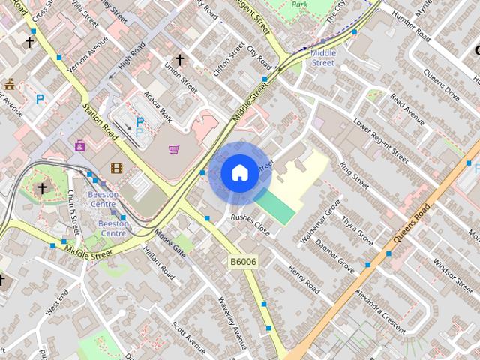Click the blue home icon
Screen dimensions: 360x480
(x=238, y=173)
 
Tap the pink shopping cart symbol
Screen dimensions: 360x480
(x=174, y=149)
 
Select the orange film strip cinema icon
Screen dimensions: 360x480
(x=116, y=169)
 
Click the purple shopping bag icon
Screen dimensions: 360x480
(x=80, y=145)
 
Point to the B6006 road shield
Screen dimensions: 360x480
(x=243, y=261)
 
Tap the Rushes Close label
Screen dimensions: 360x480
(x=250, y=224)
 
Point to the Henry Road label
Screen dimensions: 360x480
(x=304, y=280)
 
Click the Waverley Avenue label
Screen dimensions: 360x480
(x=232, y=322)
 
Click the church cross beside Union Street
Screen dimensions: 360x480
(x=179, y=59)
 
